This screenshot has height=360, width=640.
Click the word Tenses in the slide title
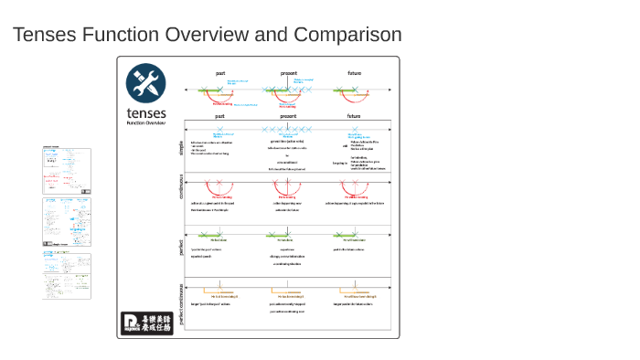click(x=44, y=35)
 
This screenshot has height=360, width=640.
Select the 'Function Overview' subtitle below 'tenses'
click(x=146, y=122)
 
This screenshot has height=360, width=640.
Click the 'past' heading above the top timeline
click(x=220, y=73)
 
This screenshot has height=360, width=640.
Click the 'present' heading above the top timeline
click(x=288, y=73)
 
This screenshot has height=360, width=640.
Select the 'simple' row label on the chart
click(x=180, y=147)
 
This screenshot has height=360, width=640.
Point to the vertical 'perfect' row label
click(x=180, y=249)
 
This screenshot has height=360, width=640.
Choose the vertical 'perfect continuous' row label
click(x=180, y=302)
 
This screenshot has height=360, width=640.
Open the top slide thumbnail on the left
click(x=67, y=169)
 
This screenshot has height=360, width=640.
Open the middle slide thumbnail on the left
click(x=67, y=222)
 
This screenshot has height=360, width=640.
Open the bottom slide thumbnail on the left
click(x=67, y=276)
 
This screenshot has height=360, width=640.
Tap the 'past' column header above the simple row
click(x=220, y=117)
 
